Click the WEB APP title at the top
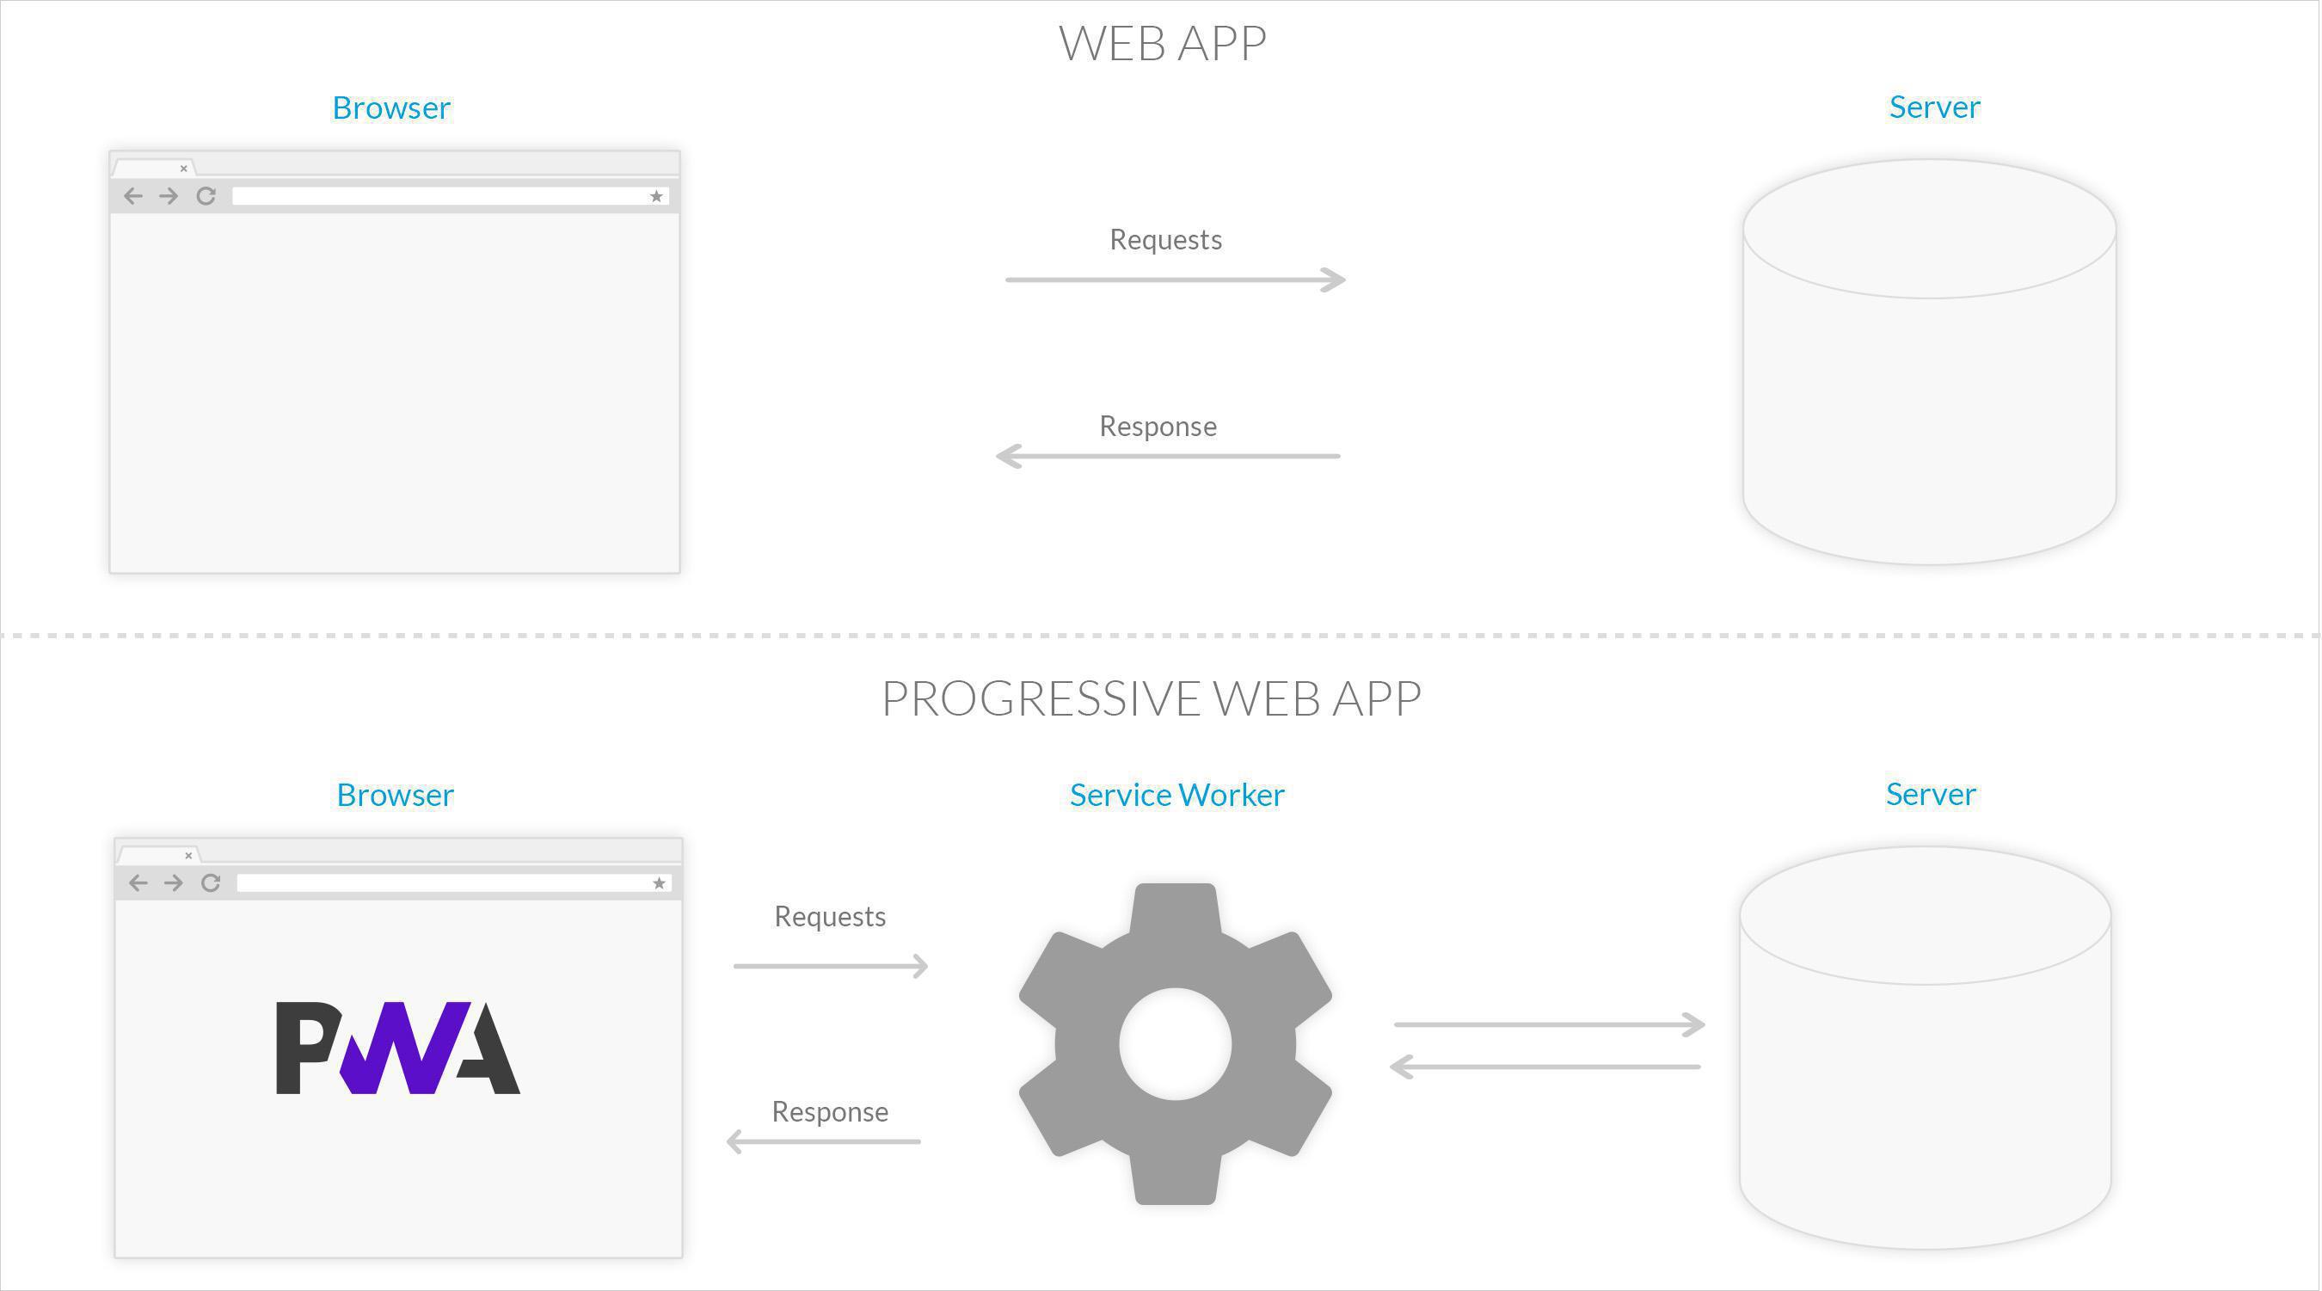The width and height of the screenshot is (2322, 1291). point(1162,43)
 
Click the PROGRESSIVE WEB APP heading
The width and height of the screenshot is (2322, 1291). point(1151,698)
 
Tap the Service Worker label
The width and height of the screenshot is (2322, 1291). point(1176,795)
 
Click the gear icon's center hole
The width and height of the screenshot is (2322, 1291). point(1176,1044)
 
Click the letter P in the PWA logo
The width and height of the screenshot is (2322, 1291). point(304,1047)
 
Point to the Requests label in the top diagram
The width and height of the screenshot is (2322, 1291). point(1165,240)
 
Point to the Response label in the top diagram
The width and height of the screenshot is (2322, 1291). point(1158,427)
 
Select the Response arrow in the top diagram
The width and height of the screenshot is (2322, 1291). point(1167,456)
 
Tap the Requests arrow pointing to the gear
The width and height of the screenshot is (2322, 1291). point(830,967)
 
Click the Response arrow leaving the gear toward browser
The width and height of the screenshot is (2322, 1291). point(823,1142)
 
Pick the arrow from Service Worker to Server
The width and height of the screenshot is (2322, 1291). point(1549,1025)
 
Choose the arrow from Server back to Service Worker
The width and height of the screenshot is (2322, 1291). point(1545,1067)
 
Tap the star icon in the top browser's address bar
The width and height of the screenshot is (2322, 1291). point(656,197)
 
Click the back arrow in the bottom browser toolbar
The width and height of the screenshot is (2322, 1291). point(138,883)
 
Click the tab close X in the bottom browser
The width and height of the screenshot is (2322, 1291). point(188,856)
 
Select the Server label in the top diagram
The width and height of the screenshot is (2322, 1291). point(1934,108)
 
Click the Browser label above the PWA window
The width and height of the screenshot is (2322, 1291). point(395,795)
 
